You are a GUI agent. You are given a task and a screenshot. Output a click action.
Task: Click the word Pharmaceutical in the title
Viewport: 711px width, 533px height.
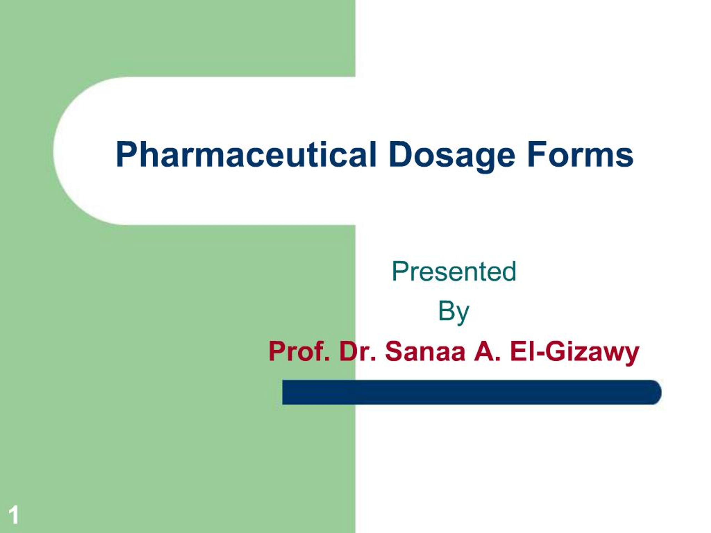246,155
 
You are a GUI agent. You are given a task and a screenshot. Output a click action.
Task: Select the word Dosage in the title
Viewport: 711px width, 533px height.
452,155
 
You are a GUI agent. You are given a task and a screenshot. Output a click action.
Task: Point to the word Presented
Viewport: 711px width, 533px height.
454,271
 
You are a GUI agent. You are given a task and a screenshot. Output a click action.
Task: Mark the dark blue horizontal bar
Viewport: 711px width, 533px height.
469,392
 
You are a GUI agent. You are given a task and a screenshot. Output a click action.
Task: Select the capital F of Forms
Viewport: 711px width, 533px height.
535,155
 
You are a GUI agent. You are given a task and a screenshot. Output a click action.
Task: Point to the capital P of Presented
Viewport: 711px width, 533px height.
399,271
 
